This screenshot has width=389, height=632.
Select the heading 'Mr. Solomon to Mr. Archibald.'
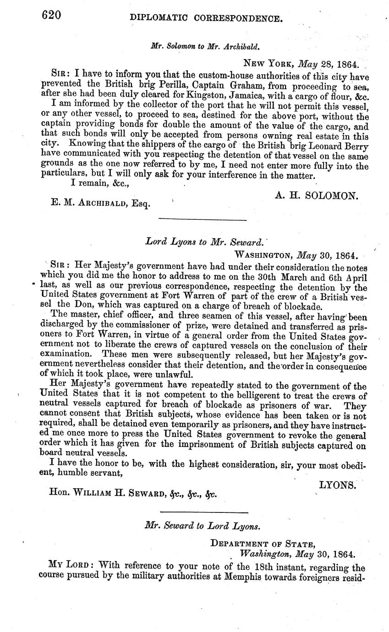coord(198,46)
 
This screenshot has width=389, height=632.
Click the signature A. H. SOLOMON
coord(316,196)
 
